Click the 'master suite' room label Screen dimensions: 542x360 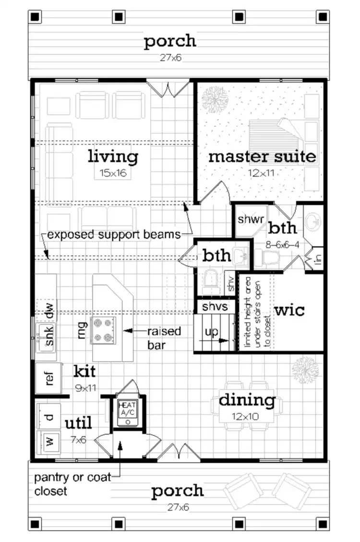pyautogui.click(x=262, y=157)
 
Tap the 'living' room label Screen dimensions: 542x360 pyautogui.click(x=113, y=157)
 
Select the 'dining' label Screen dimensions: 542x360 pyautogui.click(x=247, y=399)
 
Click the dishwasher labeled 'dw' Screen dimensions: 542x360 pyautogui.click(x=48, y=312)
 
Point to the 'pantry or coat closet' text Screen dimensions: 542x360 pyautogui.click(x=72, y=484)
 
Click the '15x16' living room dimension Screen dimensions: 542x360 pyautogui.click(x=113, y=173)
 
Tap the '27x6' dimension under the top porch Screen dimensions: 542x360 pyautogui.click(x=170, y=58)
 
